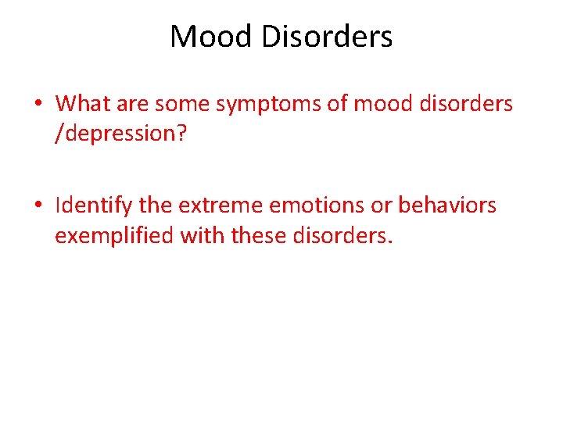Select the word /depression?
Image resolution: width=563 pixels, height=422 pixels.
point(120,134)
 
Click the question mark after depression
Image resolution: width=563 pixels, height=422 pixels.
point(181,133)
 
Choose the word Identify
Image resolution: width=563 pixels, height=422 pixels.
point(94,206)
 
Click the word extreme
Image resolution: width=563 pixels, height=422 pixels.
point(221,206)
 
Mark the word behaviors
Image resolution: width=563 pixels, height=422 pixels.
point(447,206)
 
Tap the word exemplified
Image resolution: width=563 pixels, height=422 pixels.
point(114,235)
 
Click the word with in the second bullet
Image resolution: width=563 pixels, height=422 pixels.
point(198,235)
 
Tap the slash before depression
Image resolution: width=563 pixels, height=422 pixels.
point(59,133)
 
